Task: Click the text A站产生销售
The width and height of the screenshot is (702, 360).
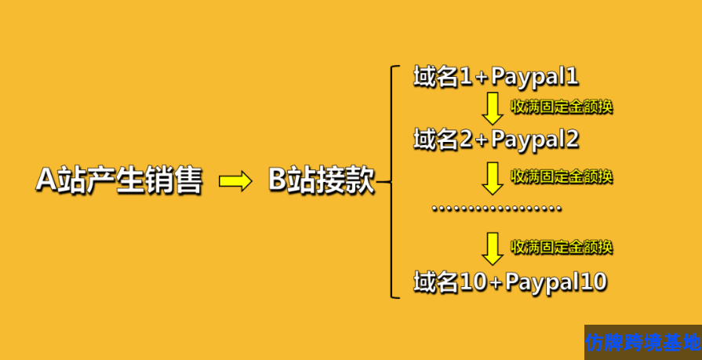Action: coord(118,181)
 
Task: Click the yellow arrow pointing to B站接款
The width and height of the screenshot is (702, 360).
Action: coord(235,182)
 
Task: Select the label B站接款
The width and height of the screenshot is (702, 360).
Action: coord(322,181)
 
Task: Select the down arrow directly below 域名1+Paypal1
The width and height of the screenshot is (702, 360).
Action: coord(493,108)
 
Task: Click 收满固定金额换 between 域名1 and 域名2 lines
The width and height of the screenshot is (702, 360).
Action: coord(561,107)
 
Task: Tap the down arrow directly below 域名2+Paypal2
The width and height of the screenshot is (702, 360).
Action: coord(493,177)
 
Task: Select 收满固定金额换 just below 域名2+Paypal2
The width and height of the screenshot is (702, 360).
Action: coord(561,176)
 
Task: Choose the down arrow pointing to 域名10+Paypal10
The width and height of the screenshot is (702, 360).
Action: coord(493,248)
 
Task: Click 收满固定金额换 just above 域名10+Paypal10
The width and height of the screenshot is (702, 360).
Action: coord(561,247)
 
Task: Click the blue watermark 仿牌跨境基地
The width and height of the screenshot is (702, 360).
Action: coord(642,343)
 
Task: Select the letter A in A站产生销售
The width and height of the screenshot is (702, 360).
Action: coord(45,181)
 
